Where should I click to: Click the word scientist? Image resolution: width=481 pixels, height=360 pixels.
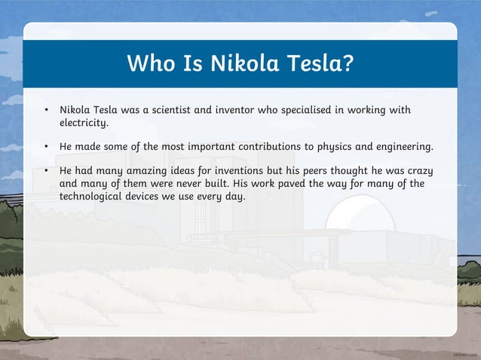[170, 110]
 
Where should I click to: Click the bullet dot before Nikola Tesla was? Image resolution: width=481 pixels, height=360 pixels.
[47, 111]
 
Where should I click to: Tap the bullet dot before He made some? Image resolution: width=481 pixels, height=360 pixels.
[47, 146]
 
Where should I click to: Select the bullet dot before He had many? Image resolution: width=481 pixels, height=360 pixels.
[47, 171]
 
